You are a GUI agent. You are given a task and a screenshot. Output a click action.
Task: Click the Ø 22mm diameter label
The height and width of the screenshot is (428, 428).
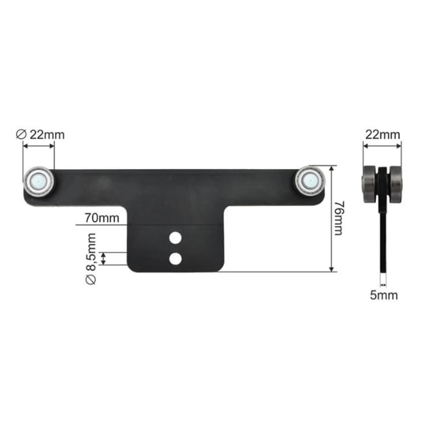point(41,135)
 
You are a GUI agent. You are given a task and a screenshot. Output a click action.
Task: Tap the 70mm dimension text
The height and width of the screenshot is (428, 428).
point(102,218)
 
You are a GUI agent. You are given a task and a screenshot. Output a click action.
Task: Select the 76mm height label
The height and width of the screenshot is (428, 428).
point(340,218)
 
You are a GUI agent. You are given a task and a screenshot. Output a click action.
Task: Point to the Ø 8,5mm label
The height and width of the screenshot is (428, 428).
point(91,258)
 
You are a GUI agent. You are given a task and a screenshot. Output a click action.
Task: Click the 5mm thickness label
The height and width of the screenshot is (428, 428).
point(384,295)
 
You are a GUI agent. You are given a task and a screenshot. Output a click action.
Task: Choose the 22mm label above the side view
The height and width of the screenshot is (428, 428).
point(382,135)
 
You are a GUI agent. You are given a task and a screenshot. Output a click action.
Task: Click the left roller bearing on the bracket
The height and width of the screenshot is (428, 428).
point(39,181)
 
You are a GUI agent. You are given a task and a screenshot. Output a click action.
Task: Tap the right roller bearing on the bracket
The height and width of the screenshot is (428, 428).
point(310,180)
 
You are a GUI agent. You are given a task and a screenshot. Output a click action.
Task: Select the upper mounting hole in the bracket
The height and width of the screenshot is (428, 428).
point(175,238)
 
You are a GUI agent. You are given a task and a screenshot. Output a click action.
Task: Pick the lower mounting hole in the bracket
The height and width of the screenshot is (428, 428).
point(175,258)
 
